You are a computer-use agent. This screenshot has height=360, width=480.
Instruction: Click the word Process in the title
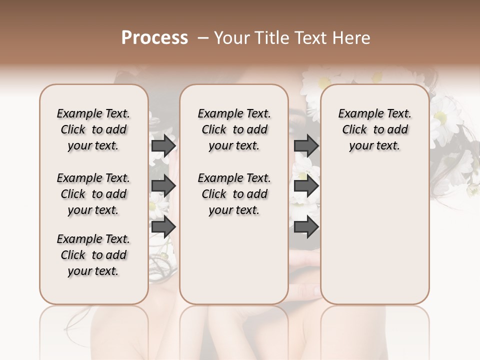point(154,37)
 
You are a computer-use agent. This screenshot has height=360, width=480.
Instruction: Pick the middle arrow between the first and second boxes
point(163,186)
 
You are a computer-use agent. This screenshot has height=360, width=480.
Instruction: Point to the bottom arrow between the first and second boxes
point(163,226)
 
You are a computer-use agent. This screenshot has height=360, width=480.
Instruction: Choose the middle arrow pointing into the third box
point(306,186)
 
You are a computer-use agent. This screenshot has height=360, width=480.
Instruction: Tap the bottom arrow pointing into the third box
point(306,226)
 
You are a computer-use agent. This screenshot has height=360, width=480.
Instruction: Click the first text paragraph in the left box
point(93,129)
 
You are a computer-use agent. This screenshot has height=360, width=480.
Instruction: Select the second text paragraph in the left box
point(93,194)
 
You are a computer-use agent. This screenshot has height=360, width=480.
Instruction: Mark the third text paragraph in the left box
point(93,255)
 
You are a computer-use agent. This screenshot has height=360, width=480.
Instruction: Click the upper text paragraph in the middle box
point(234,129)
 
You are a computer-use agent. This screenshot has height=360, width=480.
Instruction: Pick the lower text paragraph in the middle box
point(234,194)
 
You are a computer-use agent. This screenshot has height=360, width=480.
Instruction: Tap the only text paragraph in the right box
point(374,129)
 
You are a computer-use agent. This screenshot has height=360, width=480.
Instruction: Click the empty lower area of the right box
point(374,235)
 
